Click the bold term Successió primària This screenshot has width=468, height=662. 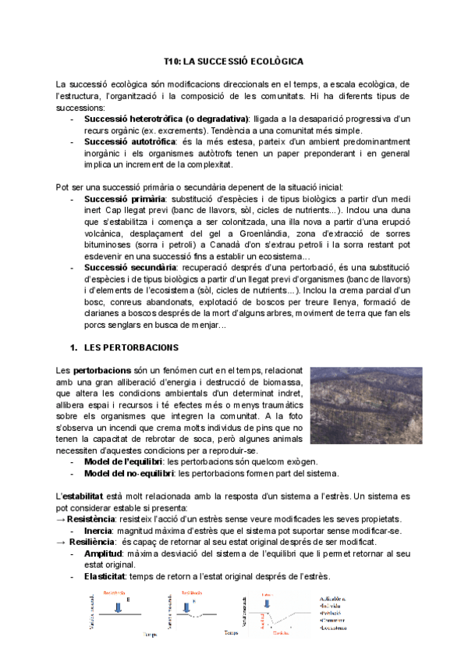click(x=116, y=199)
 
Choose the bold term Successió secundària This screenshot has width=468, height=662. click(x=122, y=267)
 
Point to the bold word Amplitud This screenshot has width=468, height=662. click(x=102, y=553)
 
